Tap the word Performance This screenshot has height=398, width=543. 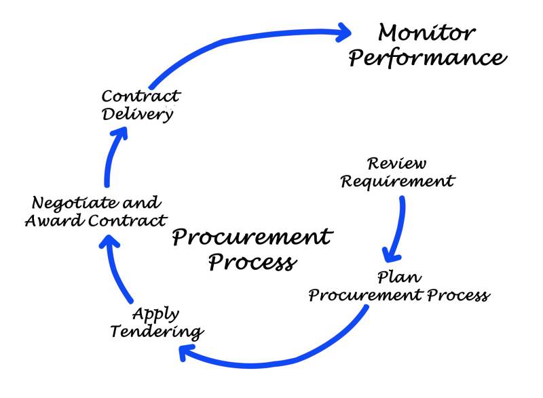tap(428, 59)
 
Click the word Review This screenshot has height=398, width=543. tap(397, 164)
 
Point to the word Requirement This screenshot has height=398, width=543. tap(397, 182)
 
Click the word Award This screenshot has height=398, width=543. tap(51, 220)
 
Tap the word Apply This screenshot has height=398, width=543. tap(156, 314)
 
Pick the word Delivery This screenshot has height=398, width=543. tap(138, 114)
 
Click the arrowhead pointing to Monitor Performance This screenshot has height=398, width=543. tap(342, 32)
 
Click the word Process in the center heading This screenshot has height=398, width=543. tap(251, 261)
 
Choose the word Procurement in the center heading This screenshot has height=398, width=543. tap(252, 237)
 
